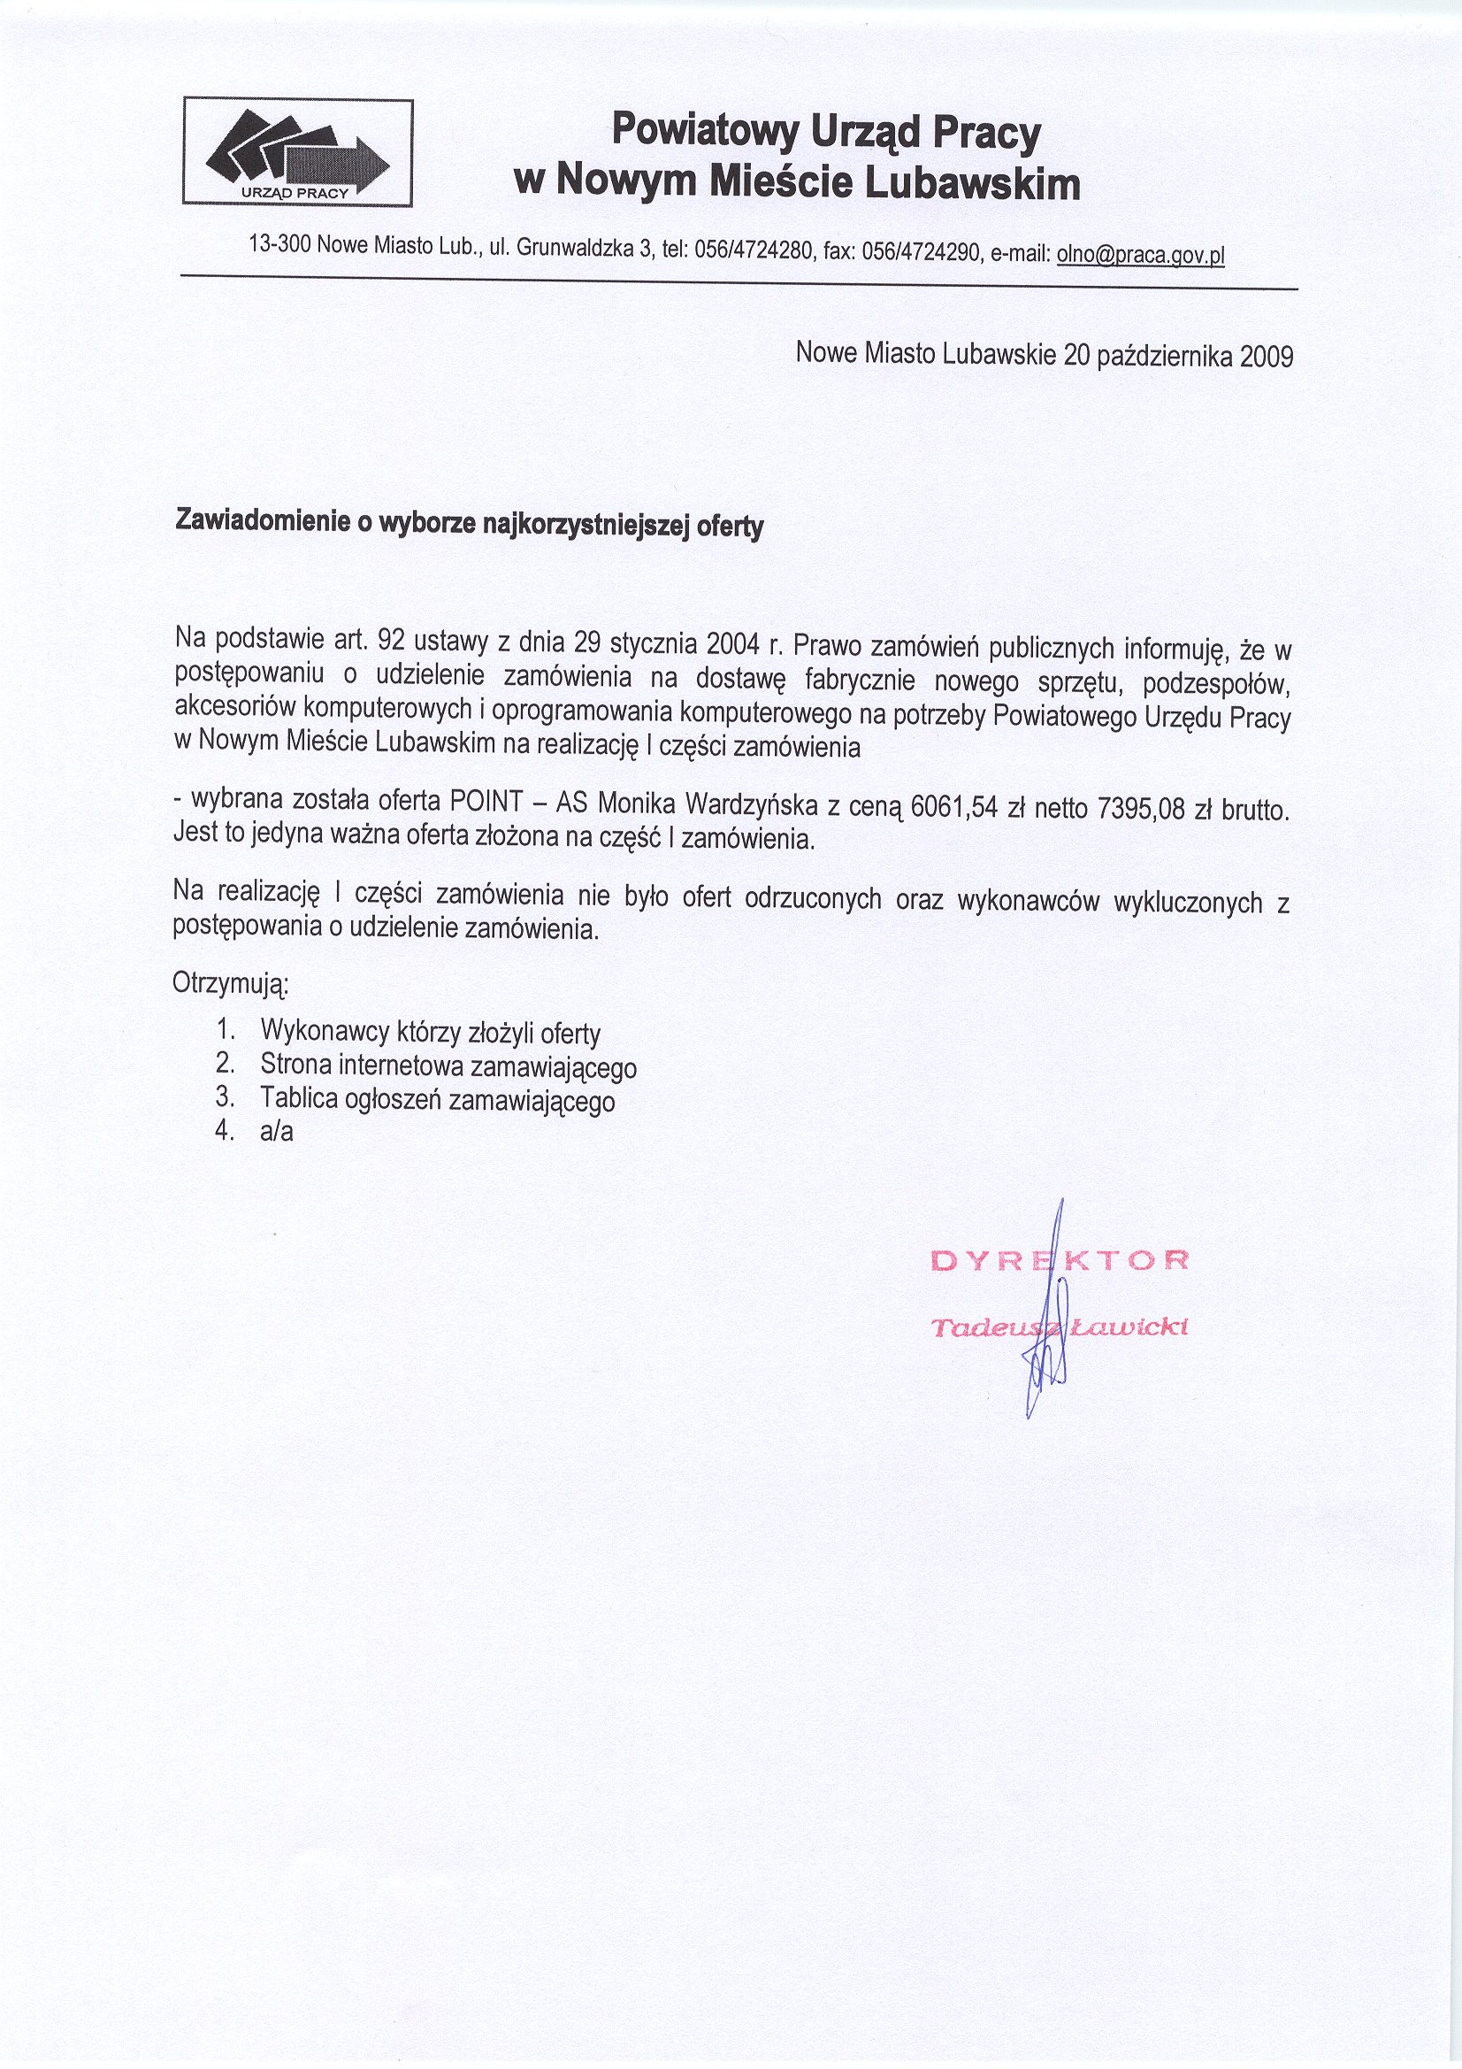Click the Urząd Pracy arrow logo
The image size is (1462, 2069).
click(297, 152)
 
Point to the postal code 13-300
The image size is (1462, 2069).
click(280, 243)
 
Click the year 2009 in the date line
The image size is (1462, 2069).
click(1267, 357)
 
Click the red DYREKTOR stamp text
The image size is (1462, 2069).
click(1060, 1259)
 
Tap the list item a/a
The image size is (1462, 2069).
click(277, 1133)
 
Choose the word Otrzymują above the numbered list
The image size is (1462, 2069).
click(230, 982)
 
